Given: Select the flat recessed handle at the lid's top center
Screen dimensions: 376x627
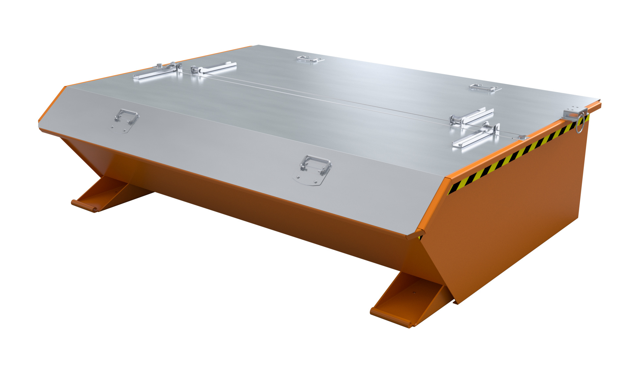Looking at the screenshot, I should (x=310, y=59).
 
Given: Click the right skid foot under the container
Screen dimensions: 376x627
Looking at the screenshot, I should (x=408, y=304).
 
